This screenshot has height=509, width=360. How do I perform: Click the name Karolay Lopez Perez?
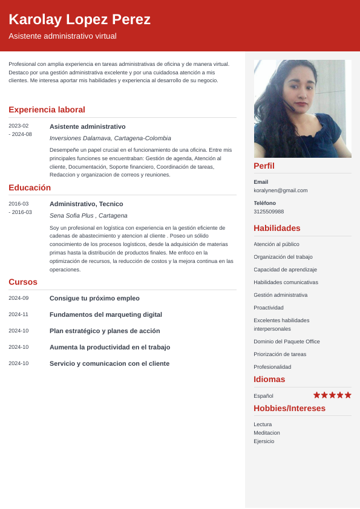pos(79,19)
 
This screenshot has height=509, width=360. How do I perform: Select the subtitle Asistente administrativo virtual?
pos(62,36)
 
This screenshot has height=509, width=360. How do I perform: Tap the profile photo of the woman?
pos(303,109)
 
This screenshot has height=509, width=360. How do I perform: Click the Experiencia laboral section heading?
pos(47,109)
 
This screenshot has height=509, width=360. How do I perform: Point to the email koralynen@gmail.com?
pos(280,190)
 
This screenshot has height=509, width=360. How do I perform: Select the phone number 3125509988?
pos(269,212)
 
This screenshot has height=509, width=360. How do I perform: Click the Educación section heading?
pos(30,187)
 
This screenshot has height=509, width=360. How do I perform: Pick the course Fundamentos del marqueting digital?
pos(106,314)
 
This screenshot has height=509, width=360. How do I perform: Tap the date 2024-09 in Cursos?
pos(18,298)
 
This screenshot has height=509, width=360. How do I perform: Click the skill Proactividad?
pos(269,308)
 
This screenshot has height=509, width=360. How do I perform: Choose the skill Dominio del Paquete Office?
pos(287,342)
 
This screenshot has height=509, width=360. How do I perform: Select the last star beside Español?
pos(348,395)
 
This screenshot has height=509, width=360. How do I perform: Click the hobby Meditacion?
pos(267,433)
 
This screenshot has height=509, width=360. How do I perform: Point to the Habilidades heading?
pos(277,228)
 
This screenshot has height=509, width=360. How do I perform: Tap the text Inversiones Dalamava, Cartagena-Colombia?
pos(110,138)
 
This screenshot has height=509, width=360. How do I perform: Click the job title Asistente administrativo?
pos(88,126)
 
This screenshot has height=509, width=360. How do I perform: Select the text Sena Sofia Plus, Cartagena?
pos(88,216)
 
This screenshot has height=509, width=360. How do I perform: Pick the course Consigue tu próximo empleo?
pos(94,298)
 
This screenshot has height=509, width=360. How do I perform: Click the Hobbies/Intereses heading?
pos(289,408)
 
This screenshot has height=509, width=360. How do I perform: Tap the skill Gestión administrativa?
pos(280,295)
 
